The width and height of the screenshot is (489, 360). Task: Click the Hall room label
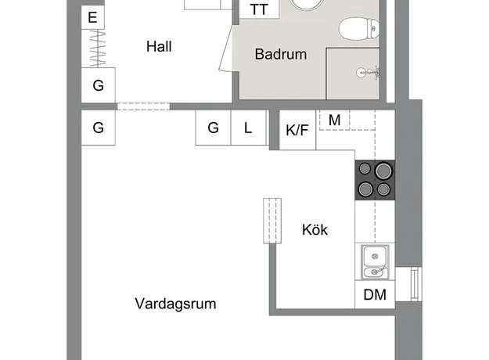(159, 47)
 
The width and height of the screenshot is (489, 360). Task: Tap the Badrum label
(281, 54)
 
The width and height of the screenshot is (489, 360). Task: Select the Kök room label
(315, 230)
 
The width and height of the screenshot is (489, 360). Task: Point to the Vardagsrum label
(175, 304)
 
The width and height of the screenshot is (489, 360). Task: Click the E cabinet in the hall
(92, 17)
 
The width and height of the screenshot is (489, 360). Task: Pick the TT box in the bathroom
(259, 9)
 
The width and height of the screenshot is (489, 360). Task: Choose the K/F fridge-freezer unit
(297, 130)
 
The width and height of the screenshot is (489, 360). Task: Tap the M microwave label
(335, 120)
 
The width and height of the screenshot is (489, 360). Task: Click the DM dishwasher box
(375, 294)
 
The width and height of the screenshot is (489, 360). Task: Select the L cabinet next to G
(249, 128)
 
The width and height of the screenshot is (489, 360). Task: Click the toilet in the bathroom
(358, 29)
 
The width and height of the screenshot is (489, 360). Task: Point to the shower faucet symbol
(368, 73)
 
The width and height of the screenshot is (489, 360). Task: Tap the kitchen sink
(375, 262)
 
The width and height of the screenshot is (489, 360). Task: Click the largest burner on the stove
(383, 171)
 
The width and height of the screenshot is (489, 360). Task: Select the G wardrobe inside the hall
(99, 85)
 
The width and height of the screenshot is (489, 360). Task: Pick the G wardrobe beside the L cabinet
(213, 128)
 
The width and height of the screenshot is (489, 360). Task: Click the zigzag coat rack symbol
(98, 49)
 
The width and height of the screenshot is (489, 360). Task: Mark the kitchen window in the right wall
(415, 284)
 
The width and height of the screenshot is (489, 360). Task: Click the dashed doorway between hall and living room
(143, 106)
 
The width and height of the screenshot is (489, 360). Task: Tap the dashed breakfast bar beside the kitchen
(272, 221)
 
